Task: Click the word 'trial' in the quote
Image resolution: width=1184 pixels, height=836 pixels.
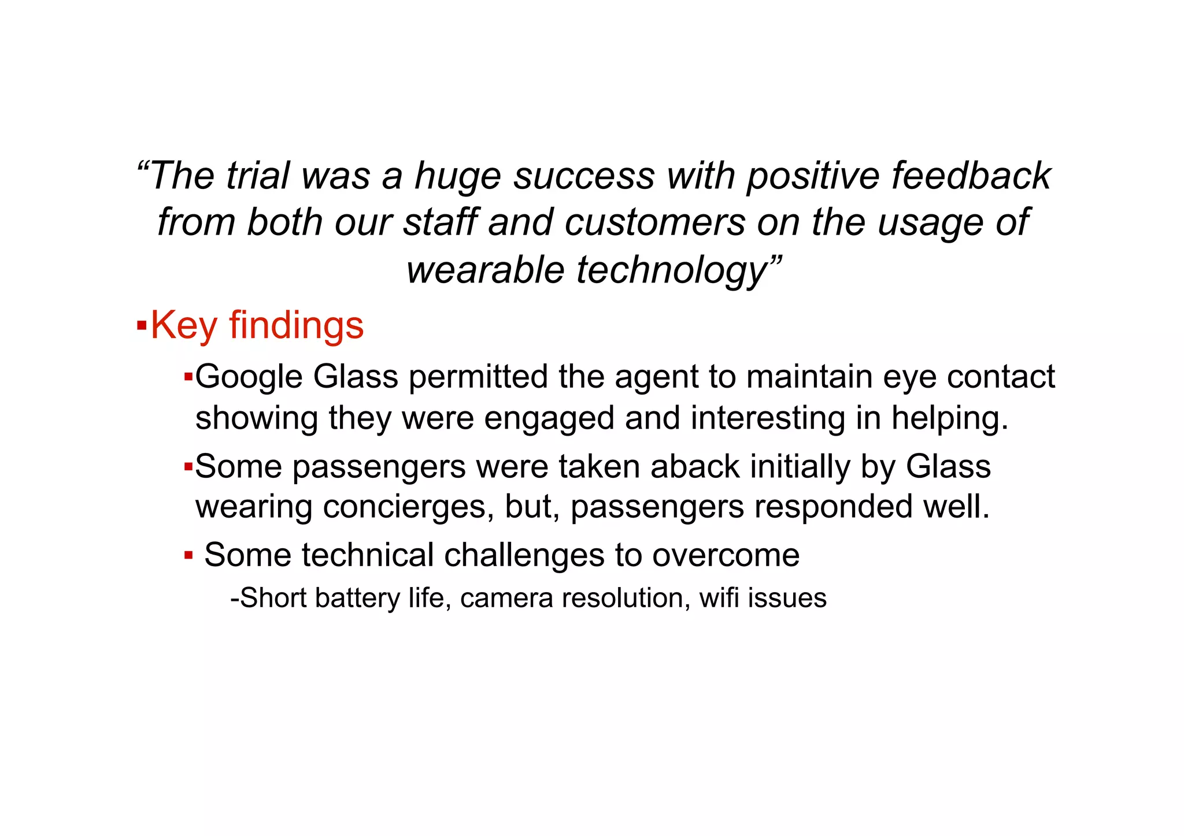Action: tap(257, 176)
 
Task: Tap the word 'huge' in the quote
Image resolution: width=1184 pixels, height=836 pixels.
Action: tap(458, 177)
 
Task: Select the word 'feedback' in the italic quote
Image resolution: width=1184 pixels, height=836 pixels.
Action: tap(971, 176)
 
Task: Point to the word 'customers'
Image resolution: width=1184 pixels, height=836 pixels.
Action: tap(655, 223)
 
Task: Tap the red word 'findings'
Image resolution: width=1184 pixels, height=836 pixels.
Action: tap(297, 326)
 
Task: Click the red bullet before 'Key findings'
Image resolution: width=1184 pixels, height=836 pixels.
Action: tap(142, 326)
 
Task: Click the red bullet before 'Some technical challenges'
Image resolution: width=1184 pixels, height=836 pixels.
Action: tap(188, 556)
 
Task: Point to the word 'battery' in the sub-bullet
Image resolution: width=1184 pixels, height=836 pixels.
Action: tap(357, 599)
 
